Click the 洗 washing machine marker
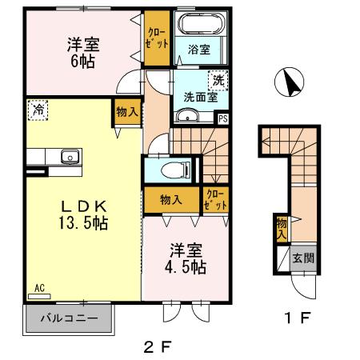tap(217, 80)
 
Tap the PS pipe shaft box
tap(223, 118)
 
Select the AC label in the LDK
tap(38, 286)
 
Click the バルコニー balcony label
tap(71, 318)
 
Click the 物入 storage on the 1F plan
tap(282, 228)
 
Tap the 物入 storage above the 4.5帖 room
tap(169, 199)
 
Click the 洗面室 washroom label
tap(201, 98)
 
